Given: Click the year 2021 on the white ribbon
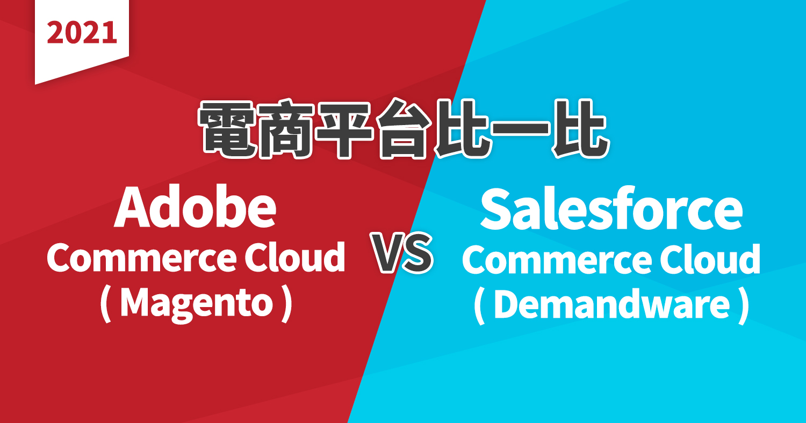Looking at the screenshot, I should [82, 33].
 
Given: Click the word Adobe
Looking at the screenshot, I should [195, 208].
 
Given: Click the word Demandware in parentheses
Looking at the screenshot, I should [611, 305].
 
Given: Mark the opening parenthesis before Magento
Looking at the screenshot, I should [105, 305].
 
